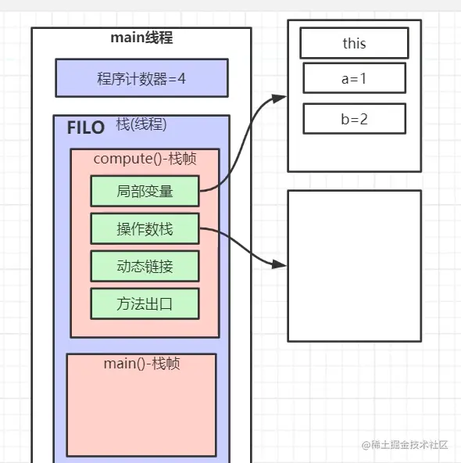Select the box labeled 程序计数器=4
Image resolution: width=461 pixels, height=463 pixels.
[x=141, y=78]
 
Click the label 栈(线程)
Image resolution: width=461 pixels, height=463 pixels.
[x=141, y=124]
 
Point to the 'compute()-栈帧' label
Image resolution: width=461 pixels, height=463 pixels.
[x=145, y=159]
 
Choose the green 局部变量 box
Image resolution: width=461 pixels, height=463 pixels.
[x=145, y=191]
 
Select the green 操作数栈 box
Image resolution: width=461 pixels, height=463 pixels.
[x=145, y=228]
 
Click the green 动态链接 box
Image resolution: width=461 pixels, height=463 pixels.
[x=145, y=266]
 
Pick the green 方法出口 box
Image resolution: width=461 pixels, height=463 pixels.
[x=145, y=303]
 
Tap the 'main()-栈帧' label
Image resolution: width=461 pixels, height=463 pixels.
[x=141, y=364]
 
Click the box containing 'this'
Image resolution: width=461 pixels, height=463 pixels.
[x=354, y=43]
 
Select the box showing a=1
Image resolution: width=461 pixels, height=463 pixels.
[x=354, y=78]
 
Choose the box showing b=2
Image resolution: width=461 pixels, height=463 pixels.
[x=354, y=119]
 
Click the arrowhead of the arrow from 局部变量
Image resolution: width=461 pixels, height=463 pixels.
[x=281, y=98]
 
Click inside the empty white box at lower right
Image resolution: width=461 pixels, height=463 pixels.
[x=354, y=266]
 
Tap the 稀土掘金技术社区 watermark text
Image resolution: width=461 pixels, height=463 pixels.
[x=409, y=444]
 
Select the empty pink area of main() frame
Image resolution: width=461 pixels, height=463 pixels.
[x=141, y=415]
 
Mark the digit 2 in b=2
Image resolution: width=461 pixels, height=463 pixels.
[x=365, y=119]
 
